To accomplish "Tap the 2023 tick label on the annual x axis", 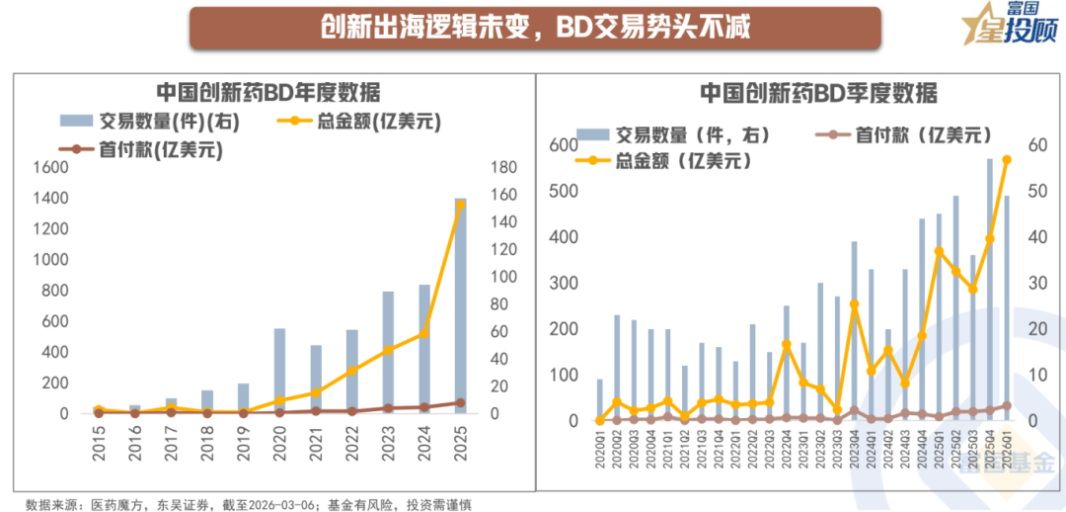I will coord(389,441).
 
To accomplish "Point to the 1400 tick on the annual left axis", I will coord(48,199).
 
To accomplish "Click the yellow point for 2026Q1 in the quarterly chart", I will coord(1007,159).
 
